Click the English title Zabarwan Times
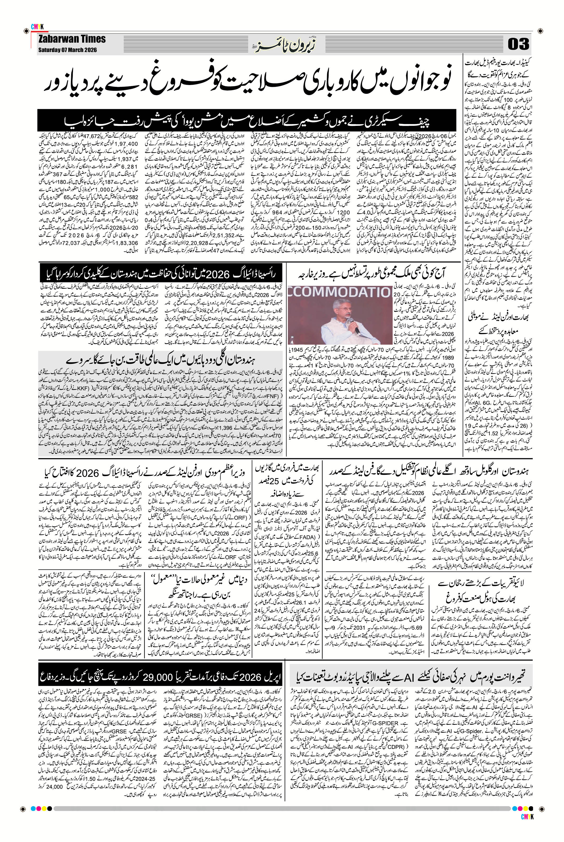[72, 39]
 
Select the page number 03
[518, 44]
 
